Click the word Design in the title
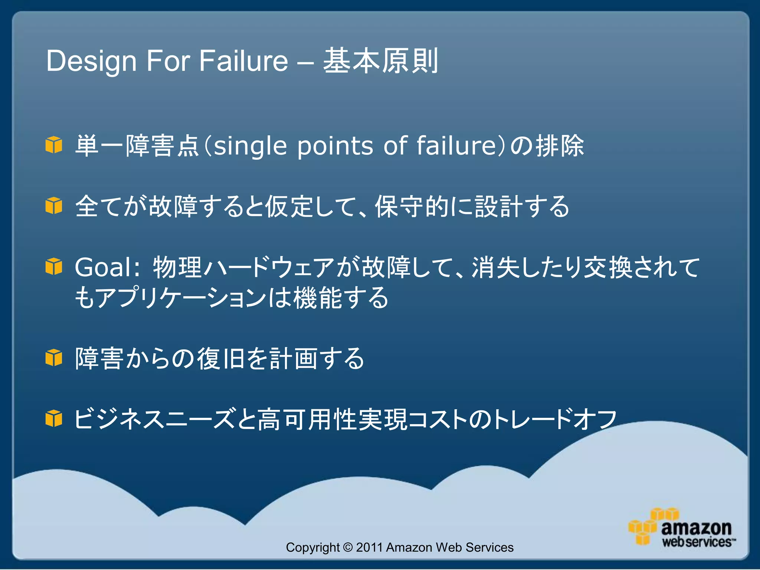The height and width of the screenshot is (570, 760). (91, 61)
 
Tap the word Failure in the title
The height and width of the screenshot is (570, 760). (243, 61)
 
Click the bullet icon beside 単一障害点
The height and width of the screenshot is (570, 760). (54, 145)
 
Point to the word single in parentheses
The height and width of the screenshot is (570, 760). (251, 145)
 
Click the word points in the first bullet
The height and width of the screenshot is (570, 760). (335, 145)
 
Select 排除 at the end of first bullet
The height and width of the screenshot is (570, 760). (560, 145)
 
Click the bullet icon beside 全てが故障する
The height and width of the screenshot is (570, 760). (54, 206)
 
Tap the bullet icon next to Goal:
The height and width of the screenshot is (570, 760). (54, 267)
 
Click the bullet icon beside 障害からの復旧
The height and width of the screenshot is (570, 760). (54, 358)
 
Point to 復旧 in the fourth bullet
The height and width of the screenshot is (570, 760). (220, 358)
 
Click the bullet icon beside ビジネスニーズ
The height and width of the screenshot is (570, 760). (54, 419)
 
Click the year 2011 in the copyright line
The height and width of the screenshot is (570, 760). (369, 547)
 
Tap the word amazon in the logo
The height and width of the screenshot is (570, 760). (696, 528)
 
